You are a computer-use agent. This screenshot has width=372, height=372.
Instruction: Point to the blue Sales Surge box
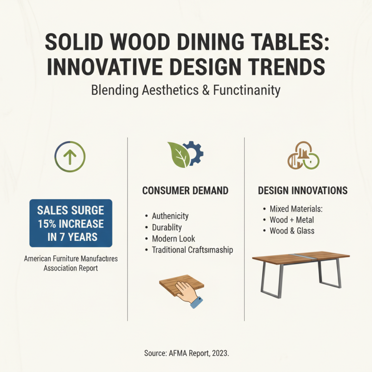(70, 223)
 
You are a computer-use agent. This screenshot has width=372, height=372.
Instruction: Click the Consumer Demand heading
(185, 191)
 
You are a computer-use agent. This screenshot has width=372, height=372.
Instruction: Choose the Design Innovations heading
(303, 191)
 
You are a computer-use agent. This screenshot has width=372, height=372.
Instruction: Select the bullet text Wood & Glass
(292, 231)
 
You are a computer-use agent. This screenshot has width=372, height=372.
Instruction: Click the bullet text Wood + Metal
(292, 220)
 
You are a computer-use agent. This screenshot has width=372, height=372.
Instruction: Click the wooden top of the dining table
(300, 257)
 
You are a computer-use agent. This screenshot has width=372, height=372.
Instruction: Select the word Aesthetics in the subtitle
(165, 90)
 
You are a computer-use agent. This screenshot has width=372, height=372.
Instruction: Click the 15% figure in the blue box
(48, 224)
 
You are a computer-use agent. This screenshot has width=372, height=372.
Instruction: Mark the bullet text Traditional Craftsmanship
(193, 250)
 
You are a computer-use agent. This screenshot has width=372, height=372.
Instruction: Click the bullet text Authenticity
(170, 216)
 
